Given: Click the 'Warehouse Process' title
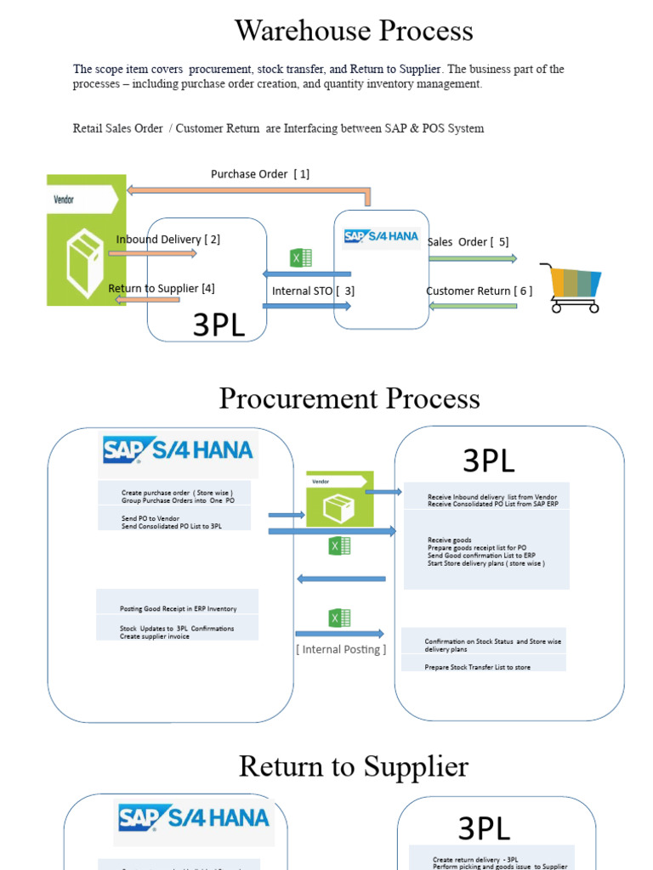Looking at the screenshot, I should click(354, 31).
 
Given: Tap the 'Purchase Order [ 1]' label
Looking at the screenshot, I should click(260, 174).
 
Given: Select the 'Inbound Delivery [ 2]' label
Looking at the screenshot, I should click(168, 240).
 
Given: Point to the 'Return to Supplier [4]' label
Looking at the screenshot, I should click(162, 289).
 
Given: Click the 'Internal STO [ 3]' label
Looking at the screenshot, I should click(313, 291).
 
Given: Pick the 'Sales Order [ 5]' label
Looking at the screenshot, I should click(468, 242).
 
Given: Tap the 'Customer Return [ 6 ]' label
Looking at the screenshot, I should click(479, 291).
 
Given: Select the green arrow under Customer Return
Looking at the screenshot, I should click(473, 306).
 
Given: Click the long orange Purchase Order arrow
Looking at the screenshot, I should click(247, 190).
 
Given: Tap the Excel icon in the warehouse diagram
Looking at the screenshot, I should click(301, 257).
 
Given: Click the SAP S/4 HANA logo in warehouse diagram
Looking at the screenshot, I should click(381, 236).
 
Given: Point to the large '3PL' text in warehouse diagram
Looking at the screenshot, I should click(219, 325).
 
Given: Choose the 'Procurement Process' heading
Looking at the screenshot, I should click(349, 398).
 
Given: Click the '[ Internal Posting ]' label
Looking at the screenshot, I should click(341, 650).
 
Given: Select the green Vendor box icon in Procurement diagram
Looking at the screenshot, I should click(339, 500).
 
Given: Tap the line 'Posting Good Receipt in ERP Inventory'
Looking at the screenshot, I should click(178, 609).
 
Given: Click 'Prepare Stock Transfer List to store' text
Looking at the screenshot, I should click(477, 668).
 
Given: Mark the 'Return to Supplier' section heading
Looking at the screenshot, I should click(353, 766).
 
